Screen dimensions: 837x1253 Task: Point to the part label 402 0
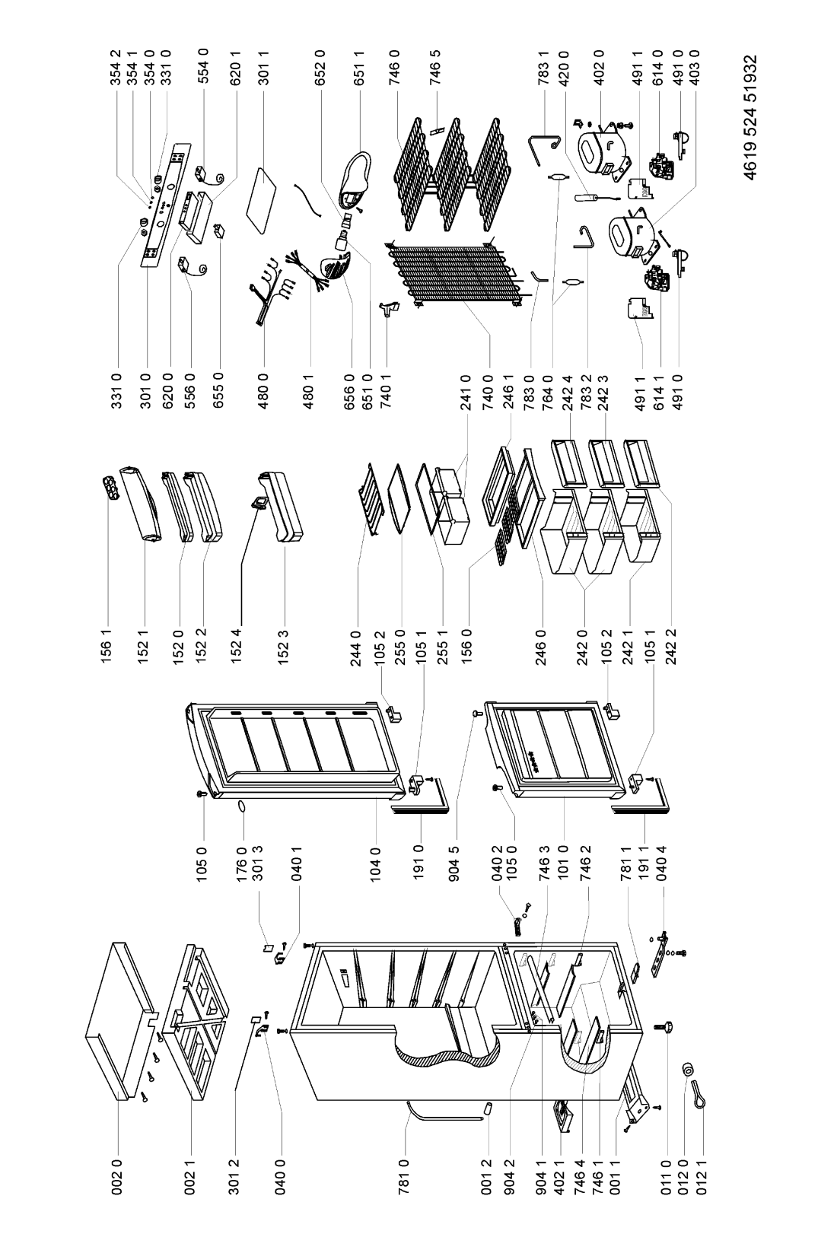coord(600,67)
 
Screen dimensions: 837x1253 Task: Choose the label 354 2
coord(116,67)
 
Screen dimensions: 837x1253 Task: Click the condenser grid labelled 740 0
coord(456,274)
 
